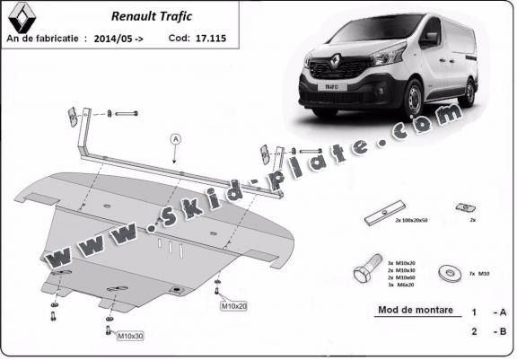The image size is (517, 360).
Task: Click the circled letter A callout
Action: pyautogui.click(x=174, y=138)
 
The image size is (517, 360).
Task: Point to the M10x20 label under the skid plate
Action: pyautogui.click(x=234, y=306)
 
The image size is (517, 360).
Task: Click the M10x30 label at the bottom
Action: pyautogui.click(x=131, y=336)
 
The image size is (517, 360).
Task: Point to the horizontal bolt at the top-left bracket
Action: pyautogui.click(x=125, y=114)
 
